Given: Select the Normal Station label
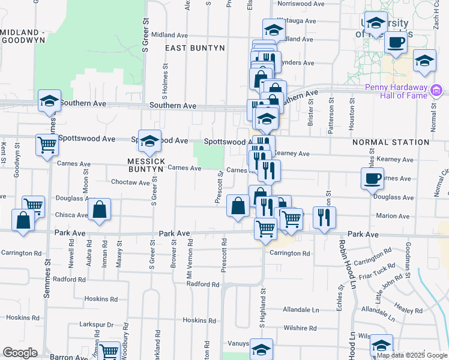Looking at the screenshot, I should pos(390,142).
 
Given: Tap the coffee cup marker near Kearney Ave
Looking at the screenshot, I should pos(372,178).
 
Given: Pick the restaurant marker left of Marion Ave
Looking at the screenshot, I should pos(324,217).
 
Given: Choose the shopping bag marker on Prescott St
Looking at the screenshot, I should pos(238,206).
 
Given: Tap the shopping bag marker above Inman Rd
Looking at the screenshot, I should pos(100,209).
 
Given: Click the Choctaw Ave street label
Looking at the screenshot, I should pos(130,182).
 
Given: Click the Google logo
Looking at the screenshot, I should pos(20,353).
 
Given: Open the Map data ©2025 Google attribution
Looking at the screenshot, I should pos(412,355).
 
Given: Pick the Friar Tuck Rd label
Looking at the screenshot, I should pos(382,268).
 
